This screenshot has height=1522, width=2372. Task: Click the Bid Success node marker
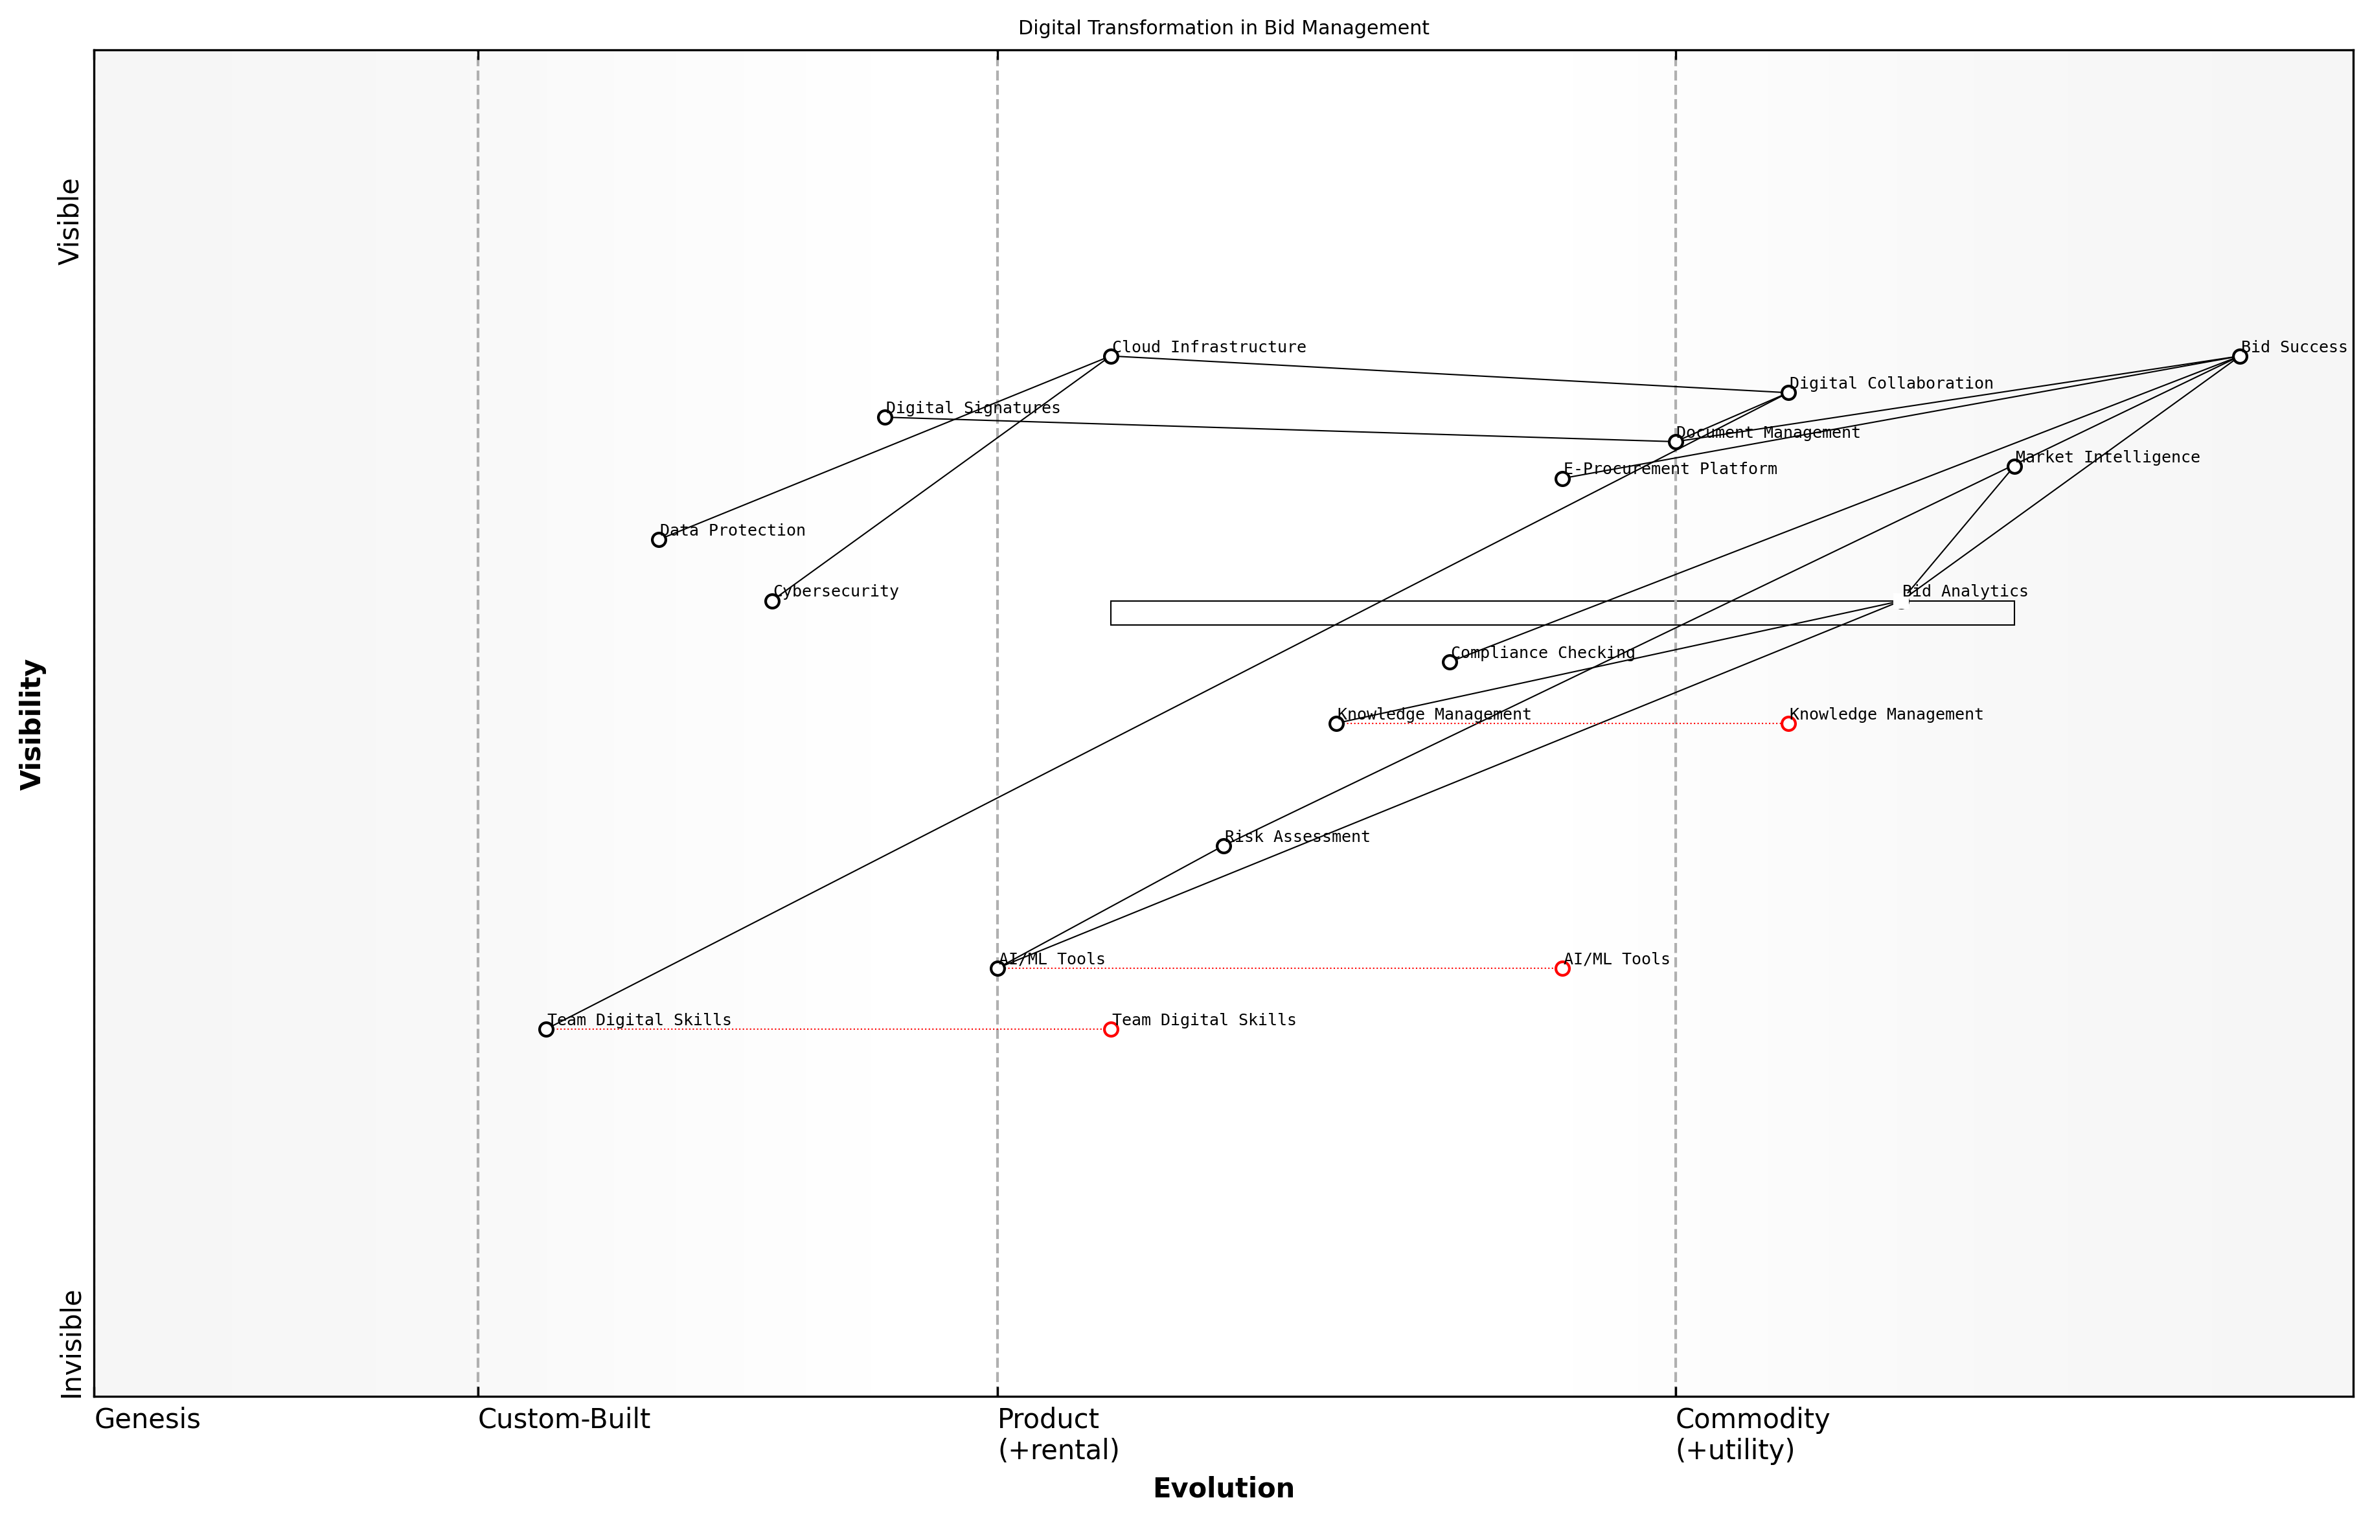pyautogui.click(x=2240, y=357)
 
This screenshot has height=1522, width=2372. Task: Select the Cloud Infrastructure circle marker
pyautogui.click(x=1111, y=357)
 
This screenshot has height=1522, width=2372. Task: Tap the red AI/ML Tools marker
pyautogui.click(x=1562, y=968)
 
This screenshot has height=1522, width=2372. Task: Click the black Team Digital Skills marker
pyautogui.click(x=547, y=1030)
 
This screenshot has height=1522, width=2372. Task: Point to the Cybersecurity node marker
pyautogui.click(x=772, y=601)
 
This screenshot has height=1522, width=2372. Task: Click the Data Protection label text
pyautogui.click(x=733, y=530)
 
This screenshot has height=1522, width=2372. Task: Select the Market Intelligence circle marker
pyautogui.click(x=2014, y=466)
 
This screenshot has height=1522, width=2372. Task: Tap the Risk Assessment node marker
pyautogui.click(x=1224, y=846)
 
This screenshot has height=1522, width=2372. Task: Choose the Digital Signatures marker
pyautogui.click(x=885, y=418)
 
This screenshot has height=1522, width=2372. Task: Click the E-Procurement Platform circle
pyautogui.click(x=1562, y=479)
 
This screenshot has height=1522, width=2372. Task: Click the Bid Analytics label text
pyautogui.click(x=1965, y=592)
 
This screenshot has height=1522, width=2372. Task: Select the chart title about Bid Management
pyautogui.click(x=1224, y=28)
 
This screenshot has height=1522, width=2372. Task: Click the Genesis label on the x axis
pyautogui.click(x=147, y=1420)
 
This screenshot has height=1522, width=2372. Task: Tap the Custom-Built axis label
pyautogui.click(x=564, y=1420)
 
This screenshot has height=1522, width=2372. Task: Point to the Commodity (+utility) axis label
pyautogui.click(x=1751, y=1435)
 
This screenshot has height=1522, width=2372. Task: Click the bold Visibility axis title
pyautogui.click(x=32, y=725)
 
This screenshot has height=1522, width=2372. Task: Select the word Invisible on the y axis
pyautogui.click(x=71, y=1344)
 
